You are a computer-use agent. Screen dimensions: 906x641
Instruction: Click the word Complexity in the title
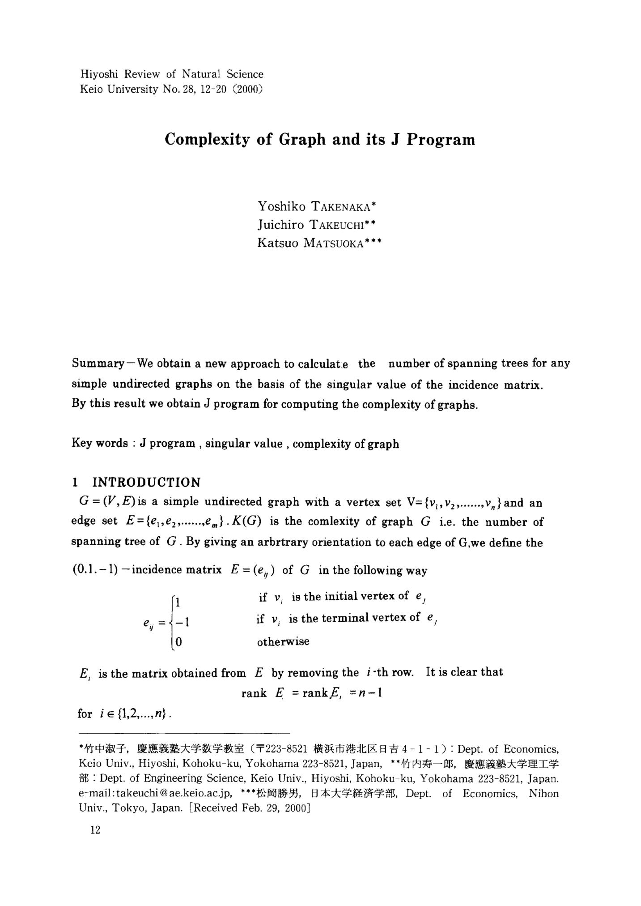point(207,140)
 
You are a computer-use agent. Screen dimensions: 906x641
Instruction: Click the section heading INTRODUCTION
point(146,482)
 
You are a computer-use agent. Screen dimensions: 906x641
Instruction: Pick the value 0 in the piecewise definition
point(178,642)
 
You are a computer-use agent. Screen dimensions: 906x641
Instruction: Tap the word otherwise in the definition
point(283,642)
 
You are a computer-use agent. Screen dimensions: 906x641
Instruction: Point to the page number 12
point(95,830)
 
